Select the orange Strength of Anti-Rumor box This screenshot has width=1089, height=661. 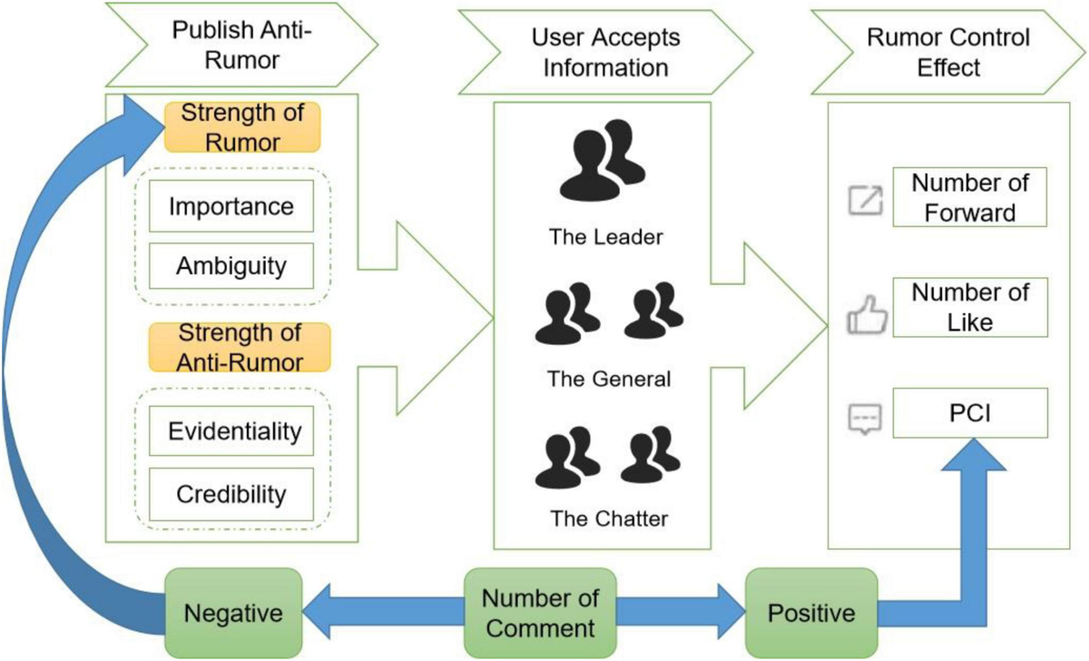tap(240, 348)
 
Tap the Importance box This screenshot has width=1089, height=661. tap(231, 206)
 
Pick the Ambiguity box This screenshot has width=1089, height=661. tap(231, 266)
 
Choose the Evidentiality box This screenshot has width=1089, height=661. tap(234, 430)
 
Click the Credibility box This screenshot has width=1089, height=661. tap(231, 494)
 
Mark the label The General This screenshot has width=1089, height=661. tap(609, 379)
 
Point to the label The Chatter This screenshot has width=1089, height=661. tap(609, 519)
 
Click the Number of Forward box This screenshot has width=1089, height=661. tap(970, 197)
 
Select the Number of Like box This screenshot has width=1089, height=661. tap(970, 307)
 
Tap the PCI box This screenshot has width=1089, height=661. tap(970, 413)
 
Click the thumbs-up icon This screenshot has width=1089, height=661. tap(864, 318)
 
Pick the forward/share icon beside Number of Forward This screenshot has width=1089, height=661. tap(864, 201)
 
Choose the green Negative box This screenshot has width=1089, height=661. tap(233, 613)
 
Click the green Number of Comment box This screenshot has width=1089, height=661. tap(540, 613)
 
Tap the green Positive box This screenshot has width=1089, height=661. tap(811, 613)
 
